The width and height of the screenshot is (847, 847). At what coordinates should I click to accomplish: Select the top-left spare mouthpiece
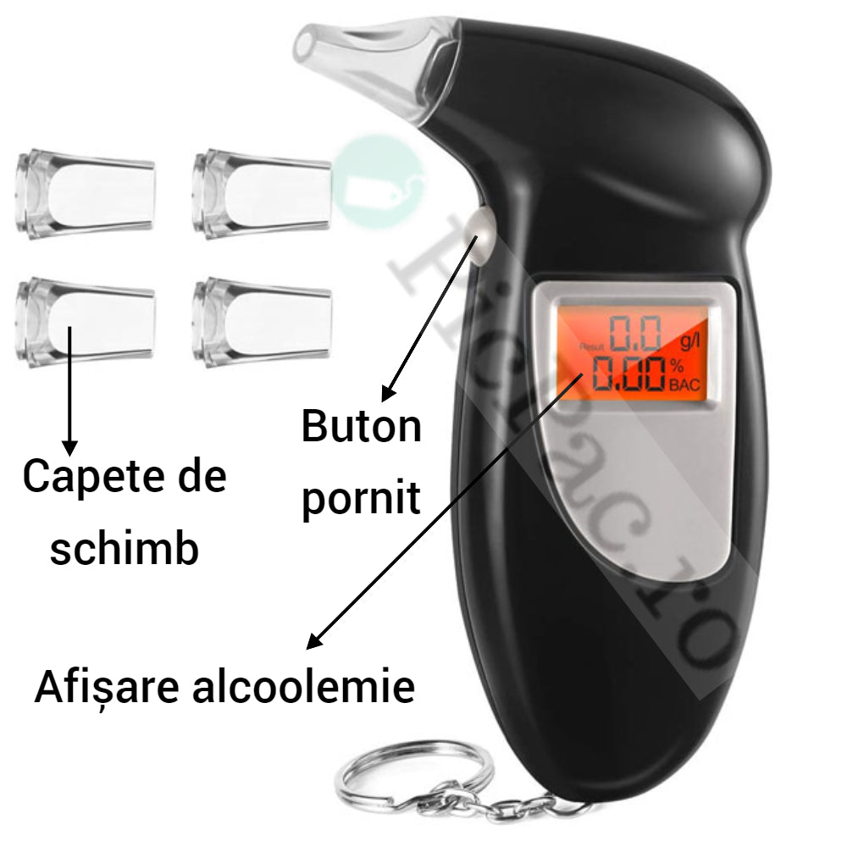pos(85,194)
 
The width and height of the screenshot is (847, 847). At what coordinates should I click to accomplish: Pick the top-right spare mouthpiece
pos(261,193)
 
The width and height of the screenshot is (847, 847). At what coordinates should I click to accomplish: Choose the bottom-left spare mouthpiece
pos(85,323)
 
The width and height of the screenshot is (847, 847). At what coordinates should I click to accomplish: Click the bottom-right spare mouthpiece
pos(261,322)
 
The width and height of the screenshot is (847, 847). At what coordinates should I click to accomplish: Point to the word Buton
pos(362,427)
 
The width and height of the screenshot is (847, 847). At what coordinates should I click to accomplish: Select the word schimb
pos(125,549)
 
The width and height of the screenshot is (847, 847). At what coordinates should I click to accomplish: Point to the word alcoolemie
pos(303,688)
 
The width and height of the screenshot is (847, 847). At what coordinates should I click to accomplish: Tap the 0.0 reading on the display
pos(635,334)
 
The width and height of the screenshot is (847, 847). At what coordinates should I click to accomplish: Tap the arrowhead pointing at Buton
pos(387,394)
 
